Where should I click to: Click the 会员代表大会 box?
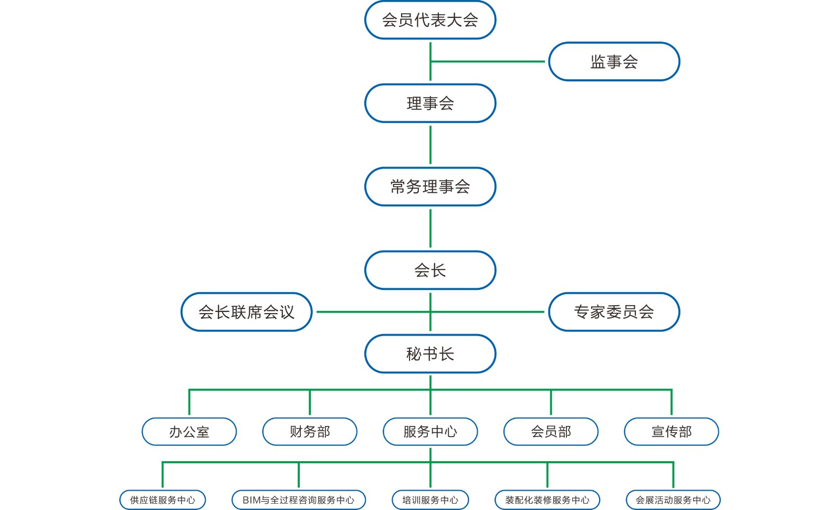[x=430, y=20]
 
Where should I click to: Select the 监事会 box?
[x=614, y=61]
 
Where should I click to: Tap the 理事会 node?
[x=430, y=103]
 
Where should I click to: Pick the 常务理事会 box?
[x=430, y=186]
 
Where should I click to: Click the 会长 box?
[x=430, y=270]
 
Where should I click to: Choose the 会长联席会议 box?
[x=246, y=312]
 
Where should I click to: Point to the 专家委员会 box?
[x=614, y=312]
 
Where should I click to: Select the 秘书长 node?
[x=430, y=353]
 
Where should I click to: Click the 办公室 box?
[x=189, y=432]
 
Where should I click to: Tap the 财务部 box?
[x=310, y=432]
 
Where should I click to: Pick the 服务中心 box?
[x=430, y=432]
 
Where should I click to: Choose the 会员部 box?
[x=551, y=432]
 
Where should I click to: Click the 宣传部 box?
[x=671, y=432]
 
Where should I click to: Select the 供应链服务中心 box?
[x=162, y=500]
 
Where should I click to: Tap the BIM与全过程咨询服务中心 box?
[x=298, y=500]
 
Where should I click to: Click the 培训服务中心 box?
[x=430, y=500]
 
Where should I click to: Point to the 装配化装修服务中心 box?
[x=547, y=500]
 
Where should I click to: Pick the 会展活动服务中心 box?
[x=673, y=500]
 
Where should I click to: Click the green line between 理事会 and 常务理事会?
[x=430, y=145]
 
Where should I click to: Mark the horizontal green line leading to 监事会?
[x=488, y=61]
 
